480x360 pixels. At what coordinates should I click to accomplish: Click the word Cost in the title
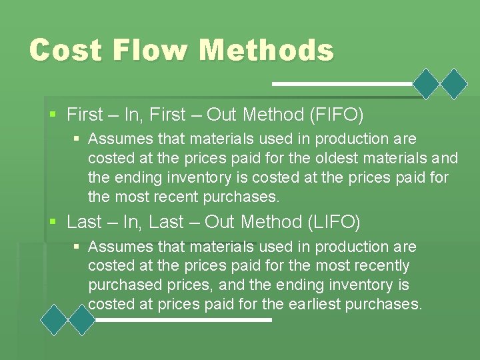65,50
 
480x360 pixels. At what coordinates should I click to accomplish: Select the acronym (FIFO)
337,115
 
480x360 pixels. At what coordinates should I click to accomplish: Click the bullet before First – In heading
54,115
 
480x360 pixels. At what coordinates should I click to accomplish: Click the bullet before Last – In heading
54,222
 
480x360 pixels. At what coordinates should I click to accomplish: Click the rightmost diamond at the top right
455,84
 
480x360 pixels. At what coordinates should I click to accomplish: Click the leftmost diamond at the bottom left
54,320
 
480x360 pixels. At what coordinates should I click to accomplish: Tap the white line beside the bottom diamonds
183,320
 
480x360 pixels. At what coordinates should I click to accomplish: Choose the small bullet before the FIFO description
77,139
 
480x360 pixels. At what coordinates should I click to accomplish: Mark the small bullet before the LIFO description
77,247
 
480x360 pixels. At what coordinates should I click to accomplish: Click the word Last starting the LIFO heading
84,222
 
